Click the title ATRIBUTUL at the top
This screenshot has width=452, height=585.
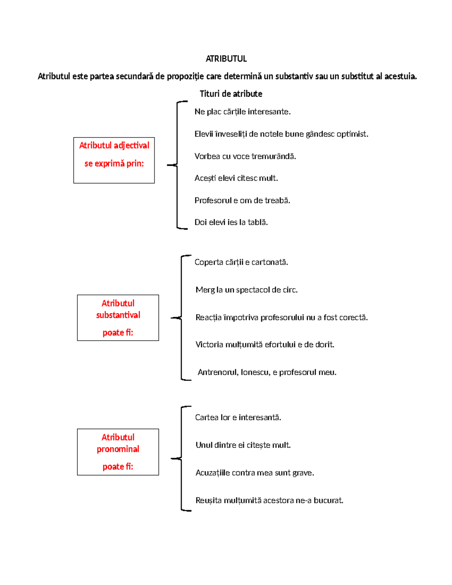click(x=226, y=59)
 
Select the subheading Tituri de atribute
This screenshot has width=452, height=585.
click(x=231, y=94)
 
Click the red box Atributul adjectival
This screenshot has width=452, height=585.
click(x=114, y=160)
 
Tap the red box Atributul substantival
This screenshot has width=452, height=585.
click(x=118, y=318)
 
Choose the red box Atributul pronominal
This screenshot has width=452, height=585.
click(x=118, y=452)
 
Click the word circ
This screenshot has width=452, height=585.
click(x=290, y=290)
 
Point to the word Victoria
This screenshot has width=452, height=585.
click(x=209, y=345)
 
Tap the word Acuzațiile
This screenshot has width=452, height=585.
click(x=212, y=473)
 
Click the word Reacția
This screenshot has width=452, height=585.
click(x=209, y=318)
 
